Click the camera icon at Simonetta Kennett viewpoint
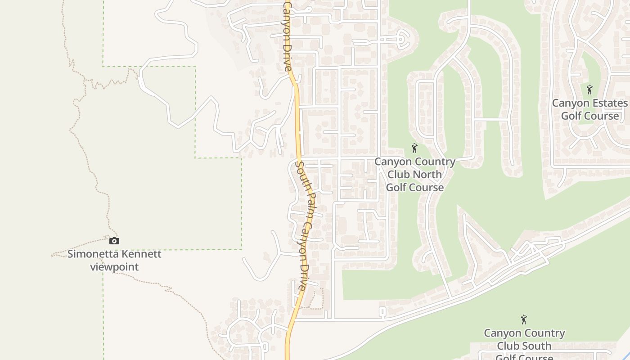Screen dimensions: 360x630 pyautogui.click(x=114, y=241)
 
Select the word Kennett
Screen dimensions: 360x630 pyautogui.click(x=139, y=254)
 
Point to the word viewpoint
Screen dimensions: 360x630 pyautogui.click(x=114, y=267)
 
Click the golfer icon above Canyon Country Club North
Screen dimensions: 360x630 pyautogui.click(x=414, y=148)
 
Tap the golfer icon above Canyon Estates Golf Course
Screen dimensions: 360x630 pyautogui.click(x=589, y=90)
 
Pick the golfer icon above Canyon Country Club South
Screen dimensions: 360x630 pyautogui.click(x=524, y=320)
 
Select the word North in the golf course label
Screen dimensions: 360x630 pyautogui.click(x=427, y=175)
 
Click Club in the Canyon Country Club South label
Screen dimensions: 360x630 pyautogui.click(x=508, y=346)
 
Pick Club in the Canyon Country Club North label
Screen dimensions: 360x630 pyautogui.click(x=399, y=175)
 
